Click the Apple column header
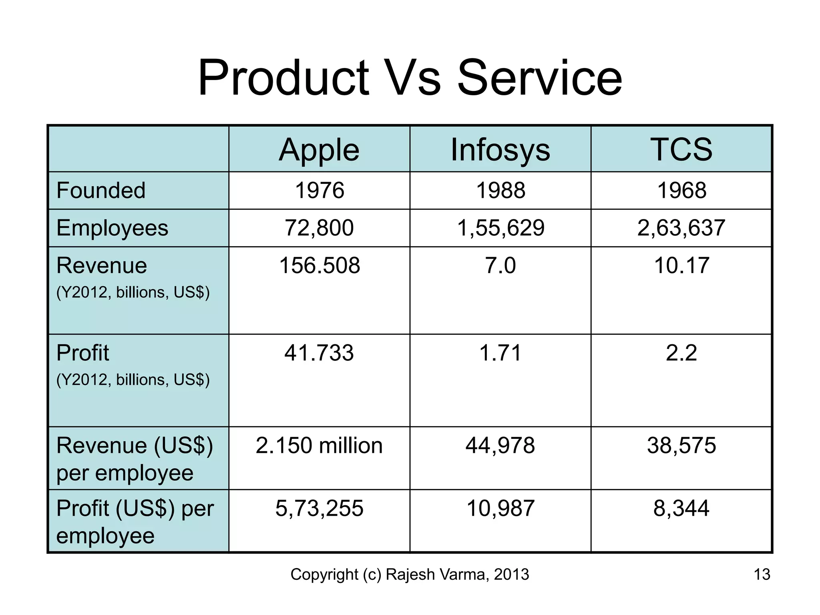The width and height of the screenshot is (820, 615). click(319, 150)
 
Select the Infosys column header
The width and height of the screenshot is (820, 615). click(500, 150)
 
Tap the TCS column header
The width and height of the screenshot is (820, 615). click(681, 149)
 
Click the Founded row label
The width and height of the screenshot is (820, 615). click(101, 190)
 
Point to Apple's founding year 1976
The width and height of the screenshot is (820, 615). click(319, 190)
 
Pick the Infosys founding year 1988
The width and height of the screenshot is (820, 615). click(500, 190)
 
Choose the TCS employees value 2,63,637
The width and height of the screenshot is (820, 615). click(681, 228)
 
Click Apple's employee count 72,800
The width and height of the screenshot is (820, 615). click(319, 228)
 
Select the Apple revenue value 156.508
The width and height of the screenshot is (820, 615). click(319, 265)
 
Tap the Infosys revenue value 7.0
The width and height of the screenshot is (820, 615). click(500, 265)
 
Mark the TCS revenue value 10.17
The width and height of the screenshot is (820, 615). click(681, 265)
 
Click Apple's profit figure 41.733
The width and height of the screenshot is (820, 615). click(319, 353)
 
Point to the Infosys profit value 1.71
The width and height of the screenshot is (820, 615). click(500, 353)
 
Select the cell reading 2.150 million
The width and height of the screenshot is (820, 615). click(319, 446)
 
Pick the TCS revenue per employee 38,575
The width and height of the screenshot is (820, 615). click(681, 446)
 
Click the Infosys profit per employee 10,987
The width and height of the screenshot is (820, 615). click(500, 508)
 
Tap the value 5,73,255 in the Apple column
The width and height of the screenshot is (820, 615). click(319, 508)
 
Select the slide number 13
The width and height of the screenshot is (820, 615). click(762, 575)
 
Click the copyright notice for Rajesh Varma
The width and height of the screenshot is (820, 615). click(410, 575)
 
